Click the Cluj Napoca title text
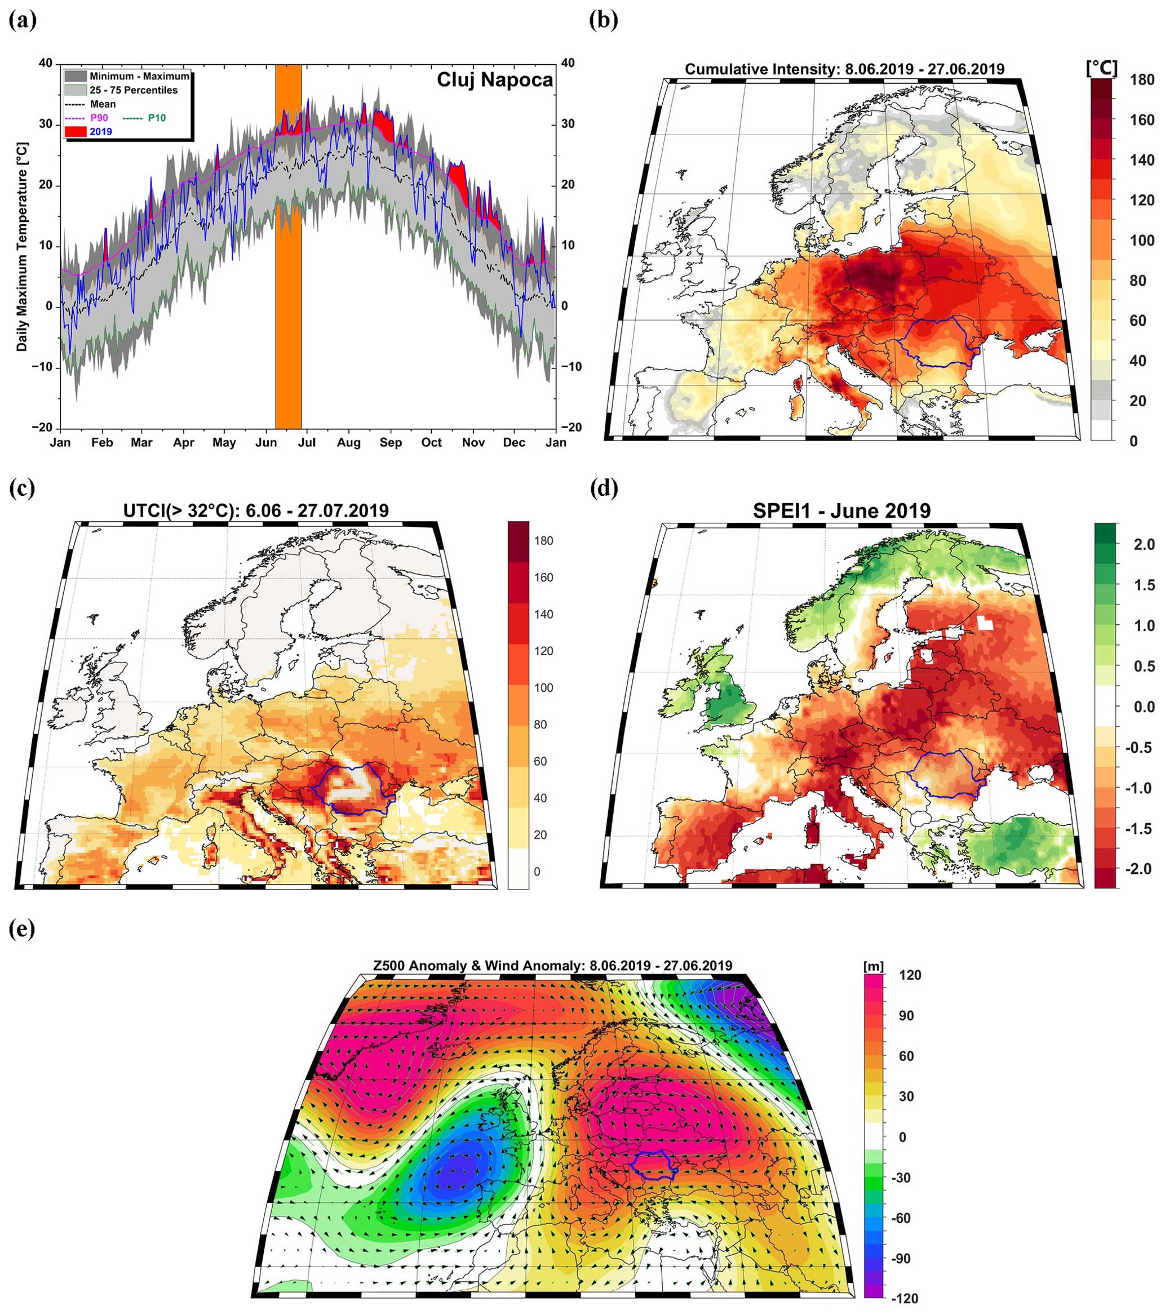click(x=494, y=80)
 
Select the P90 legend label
click(x=99, y=118)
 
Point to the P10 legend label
click(x=157, y=118)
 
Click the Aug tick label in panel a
click(x=349, y=443)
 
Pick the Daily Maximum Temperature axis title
click(x=22, y=247)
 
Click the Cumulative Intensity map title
click(x=844, y=69)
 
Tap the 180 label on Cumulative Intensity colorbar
click(x=1141, y=81)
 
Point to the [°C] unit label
click(x=1101, y=68)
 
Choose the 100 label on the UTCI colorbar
click(x=543, y=688)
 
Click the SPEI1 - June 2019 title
click(x=842, y=511)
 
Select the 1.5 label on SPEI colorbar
click(x=1143, y=585)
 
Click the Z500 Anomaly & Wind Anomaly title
click(x=553, y=966)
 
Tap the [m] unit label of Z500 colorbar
click(x=873, y=966)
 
